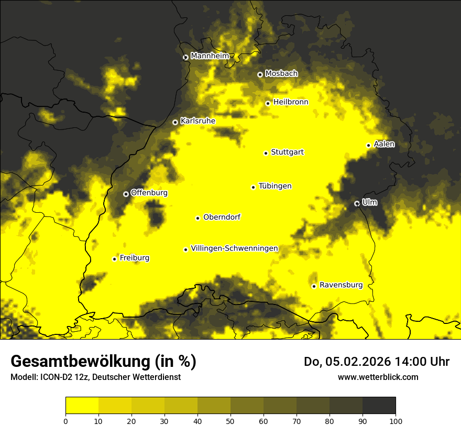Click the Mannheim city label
(x=210, y=56)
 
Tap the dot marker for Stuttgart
(x=266, y=153)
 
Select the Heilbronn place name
(x=291, y=102)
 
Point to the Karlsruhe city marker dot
(x=175, y=122)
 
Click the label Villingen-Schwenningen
(x=234, y=248)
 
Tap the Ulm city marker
(x=357, y=203)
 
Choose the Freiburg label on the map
(x=134, y=258)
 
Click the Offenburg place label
(x=149, y=193)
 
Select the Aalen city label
(x=384, y=144)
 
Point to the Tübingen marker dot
(x=253, y=187)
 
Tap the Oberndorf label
(x=222, y=217)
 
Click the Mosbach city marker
(x=260, y=74)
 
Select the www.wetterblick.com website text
(x=378, y=377)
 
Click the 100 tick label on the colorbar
(x=396, y=420)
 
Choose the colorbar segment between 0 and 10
(x=82, y=406)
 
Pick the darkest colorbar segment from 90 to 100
(x=379, y=406)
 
